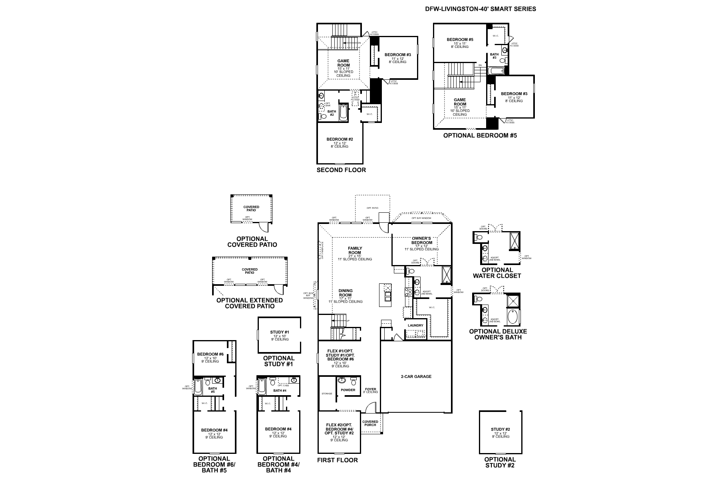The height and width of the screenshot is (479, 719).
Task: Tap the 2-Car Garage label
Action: (416, 376)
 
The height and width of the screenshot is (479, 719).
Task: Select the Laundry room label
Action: (415, 325)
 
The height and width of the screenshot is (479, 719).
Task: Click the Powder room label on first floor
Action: (348, 390)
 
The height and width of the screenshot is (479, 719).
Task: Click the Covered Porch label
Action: (370, 423)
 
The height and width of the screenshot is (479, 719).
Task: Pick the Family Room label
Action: (355, 250)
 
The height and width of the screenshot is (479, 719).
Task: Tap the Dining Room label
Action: (346, 293)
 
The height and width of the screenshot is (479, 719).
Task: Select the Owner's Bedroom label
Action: (422, 240)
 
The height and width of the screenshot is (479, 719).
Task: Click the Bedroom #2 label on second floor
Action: (340, 139)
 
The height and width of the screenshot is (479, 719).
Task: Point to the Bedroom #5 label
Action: (460, 40)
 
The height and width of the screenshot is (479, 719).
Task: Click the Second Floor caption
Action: (341, 170)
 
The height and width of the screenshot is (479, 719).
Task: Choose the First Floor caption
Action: (338, 460)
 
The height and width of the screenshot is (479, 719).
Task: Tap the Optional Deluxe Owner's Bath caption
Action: (498, 334)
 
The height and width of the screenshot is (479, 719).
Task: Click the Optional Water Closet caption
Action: (497, 273)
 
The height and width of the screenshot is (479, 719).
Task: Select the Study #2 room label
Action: (501, 430)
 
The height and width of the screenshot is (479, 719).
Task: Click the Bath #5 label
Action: (213, 390)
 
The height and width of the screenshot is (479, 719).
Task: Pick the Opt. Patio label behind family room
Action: (372, 208)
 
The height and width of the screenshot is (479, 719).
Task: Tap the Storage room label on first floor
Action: (327, 394)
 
